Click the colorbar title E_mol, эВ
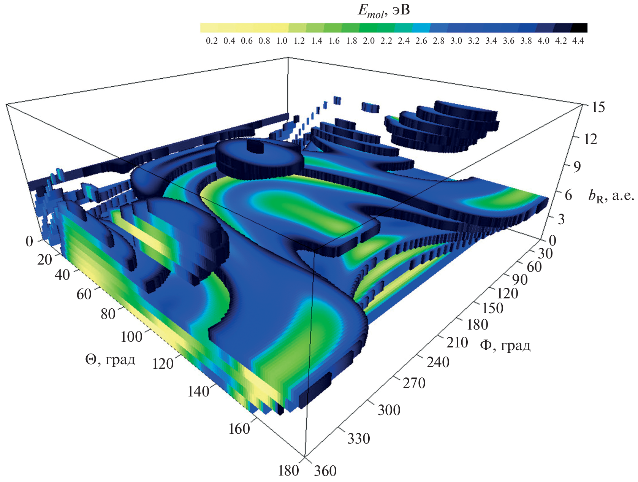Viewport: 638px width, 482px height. click(x=384, y=11)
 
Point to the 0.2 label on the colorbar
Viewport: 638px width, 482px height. click(x=212, y=41)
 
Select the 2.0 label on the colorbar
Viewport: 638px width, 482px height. click(x=369, y=41)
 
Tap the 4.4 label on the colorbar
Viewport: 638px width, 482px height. click(x=578, y=41)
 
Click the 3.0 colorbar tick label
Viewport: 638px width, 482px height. click(x=456, y=41)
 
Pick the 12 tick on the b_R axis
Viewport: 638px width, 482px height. click(x=591, y=139)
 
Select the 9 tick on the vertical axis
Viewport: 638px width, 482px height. click(x=577, y=166)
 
